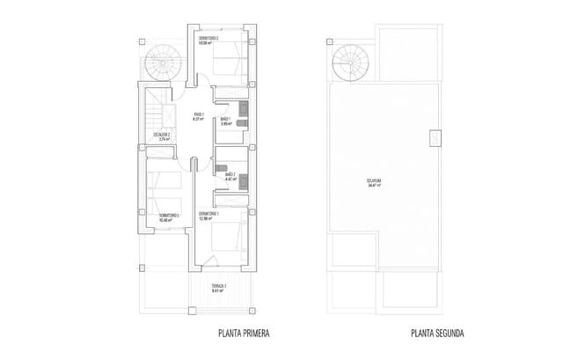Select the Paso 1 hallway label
pos(199,114)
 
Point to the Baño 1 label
pos(225,118)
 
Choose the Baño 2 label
pos(230,174)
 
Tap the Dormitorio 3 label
pos(169,214)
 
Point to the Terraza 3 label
pos(219,287)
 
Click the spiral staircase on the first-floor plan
pos(162,62)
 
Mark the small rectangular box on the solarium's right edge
pos(435,138)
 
